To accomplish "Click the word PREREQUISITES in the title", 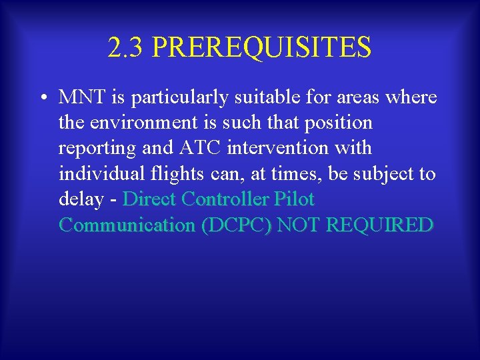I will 261,47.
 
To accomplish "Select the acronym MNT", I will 80,97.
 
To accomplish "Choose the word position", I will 337,123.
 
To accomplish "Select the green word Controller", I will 222,199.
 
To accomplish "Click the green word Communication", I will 127,225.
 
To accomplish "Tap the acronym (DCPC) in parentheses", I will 236,225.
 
